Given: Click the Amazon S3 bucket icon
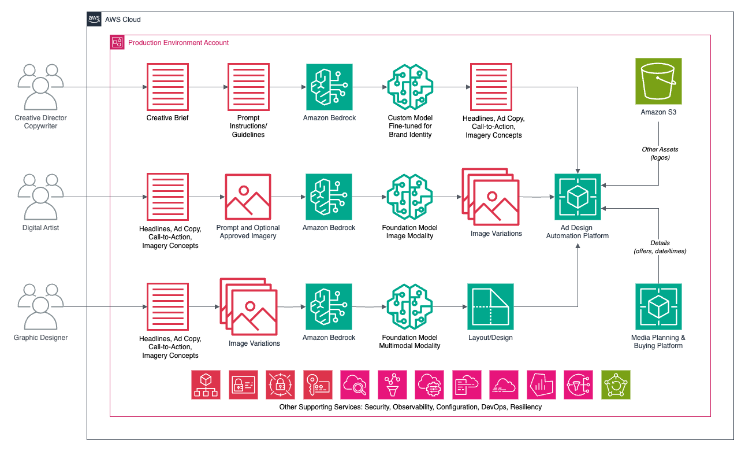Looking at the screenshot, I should [658, 81].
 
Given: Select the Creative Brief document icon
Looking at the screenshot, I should [167, 87].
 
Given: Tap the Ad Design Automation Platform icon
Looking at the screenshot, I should [578, 197].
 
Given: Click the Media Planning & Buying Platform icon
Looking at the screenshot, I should [658, 306].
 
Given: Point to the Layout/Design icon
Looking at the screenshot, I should [490, 306].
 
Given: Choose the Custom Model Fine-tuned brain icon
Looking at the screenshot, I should [409, 87].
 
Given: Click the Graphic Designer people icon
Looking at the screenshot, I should [40, 306].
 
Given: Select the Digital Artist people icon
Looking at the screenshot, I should [40, 197].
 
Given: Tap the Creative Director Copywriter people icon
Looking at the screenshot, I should [40, 87].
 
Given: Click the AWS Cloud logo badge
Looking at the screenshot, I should [94, 19].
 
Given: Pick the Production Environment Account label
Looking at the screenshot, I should [178, 43].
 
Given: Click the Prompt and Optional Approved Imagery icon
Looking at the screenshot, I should [248, 197].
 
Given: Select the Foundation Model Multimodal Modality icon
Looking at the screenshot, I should [409, 306].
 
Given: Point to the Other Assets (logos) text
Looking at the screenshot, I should [660, 153].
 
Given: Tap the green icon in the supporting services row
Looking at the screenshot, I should [616, 385].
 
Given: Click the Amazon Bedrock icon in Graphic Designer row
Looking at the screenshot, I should [329, 306].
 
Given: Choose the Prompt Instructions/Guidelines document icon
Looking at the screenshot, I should [248, 87].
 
